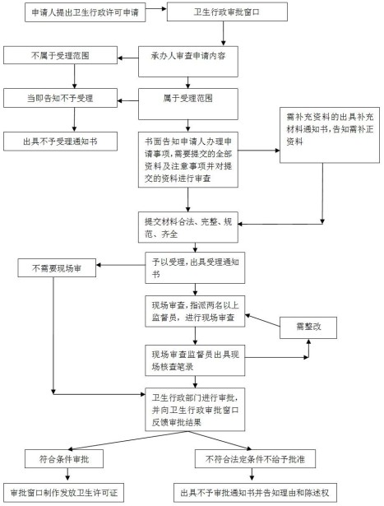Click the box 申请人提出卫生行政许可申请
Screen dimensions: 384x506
coord(86,12)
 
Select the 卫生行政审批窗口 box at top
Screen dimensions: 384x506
coord(227,12)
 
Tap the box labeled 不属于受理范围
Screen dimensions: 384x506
coord(60,55)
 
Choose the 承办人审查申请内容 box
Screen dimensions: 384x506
coord(188,62)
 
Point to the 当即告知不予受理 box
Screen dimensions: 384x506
coord(60,98)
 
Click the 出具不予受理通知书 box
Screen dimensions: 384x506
coord(60,142)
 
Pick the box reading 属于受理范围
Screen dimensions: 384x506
coord(188,104)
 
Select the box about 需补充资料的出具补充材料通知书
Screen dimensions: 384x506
coord(330,135)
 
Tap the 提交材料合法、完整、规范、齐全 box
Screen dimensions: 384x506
coord(188,227)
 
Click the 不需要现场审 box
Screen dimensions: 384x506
coord(57,268)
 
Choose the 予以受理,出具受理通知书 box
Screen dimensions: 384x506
coord(195,268)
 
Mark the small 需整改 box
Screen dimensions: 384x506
coord(308,327)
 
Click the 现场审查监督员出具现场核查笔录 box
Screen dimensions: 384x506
coord(195,360)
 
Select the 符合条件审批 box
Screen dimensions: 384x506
coord(64,459)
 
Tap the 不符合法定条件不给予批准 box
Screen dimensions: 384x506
coord(256,459)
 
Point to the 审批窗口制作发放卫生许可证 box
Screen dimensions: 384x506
coord(64,493)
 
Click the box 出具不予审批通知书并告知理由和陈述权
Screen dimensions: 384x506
coord(256,493)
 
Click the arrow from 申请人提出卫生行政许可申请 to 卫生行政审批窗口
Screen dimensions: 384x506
coord(156,9)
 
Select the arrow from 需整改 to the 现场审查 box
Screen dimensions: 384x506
coord(262,320)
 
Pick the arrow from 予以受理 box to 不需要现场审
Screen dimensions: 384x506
coord(121,265)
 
